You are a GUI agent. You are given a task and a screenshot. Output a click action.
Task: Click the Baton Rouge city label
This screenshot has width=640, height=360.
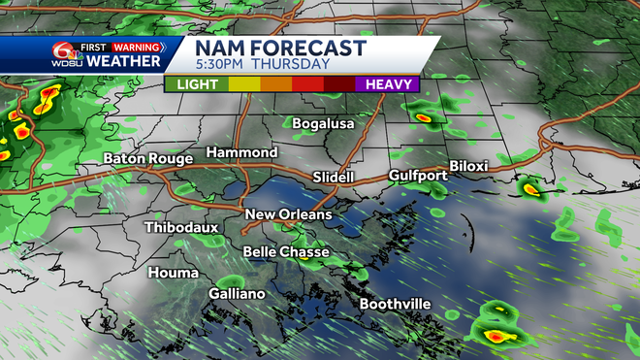click(148, 158)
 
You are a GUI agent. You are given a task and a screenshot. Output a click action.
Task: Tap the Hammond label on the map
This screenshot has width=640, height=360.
click(241, 153)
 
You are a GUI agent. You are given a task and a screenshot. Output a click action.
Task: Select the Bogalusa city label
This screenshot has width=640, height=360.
click(325, 123)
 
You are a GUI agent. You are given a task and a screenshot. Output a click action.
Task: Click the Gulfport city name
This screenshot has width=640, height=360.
click(417, 176)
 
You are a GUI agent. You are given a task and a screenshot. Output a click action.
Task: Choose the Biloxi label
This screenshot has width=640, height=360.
click(468, 166)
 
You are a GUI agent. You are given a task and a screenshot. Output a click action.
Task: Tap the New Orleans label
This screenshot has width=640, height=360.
click(288, 214)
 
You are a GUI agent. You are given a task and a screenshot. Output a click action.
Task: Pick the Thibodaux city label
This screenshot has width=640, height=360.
click(181, 228)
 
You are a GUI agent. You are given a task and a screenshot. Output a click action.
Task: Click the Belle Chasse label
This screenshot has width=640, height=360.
click(285, 252)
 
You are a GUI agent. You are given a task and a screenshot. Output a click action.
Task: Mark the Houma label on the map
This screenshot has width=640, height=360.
click(145, 273)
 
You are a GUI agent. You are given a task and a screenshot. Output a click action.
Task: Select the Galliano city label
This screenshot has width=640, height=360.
click(237, 293)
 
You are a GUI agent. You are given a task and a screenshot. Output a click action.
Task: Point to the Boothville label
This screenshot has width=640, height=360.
click(395, 305)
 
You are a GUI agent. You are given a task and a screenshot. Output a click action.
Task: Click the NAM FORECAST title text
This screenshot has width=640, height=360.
click(280, 48)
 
